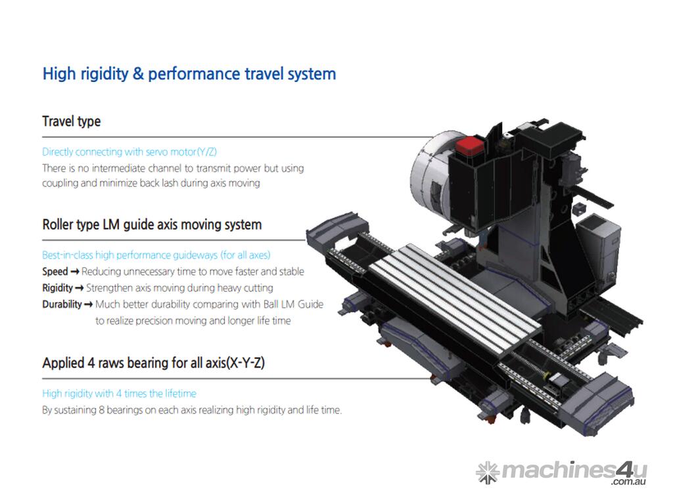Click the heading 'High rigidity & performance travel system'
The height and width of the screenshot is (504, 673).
point(189,74)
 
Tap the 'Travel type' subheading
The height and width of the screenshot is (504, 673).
point(71,121)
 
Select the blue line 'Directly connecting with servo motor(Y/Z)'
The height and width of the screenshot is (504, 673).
point(129,152)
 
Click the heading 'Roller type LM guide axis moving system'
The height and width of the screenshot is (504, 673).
point(152,225)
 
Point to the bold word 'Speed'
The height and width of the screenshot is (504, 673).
point(55,272)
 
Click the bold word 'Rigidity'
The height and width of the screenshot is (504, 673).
point(58,288)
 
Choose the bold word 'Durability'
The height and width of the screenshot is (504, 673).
point(62,304)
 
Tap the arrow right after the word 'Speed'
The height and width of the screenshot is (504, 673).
point(75,272)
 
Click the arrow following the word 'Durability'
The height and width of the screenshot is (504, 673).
point(89,304)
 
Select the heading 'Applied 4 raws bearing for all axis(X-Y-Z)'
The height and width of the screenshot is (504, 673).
point(153,364)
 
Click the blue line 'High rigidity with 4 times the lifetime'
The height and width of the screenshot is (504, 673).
point(120,394)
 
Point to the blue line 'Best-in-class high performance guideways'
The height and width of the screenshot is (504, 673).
point(156,255)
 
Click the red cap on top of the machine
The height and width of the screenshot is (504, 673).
point(469,146)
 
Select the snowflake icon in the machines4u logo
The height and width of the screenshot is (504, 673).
point(488,472)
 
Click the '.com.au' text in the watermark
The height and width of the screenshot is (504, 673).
point(629,482)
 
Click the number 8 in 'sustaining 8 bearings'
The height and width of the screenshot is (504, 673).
point(101,410)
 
